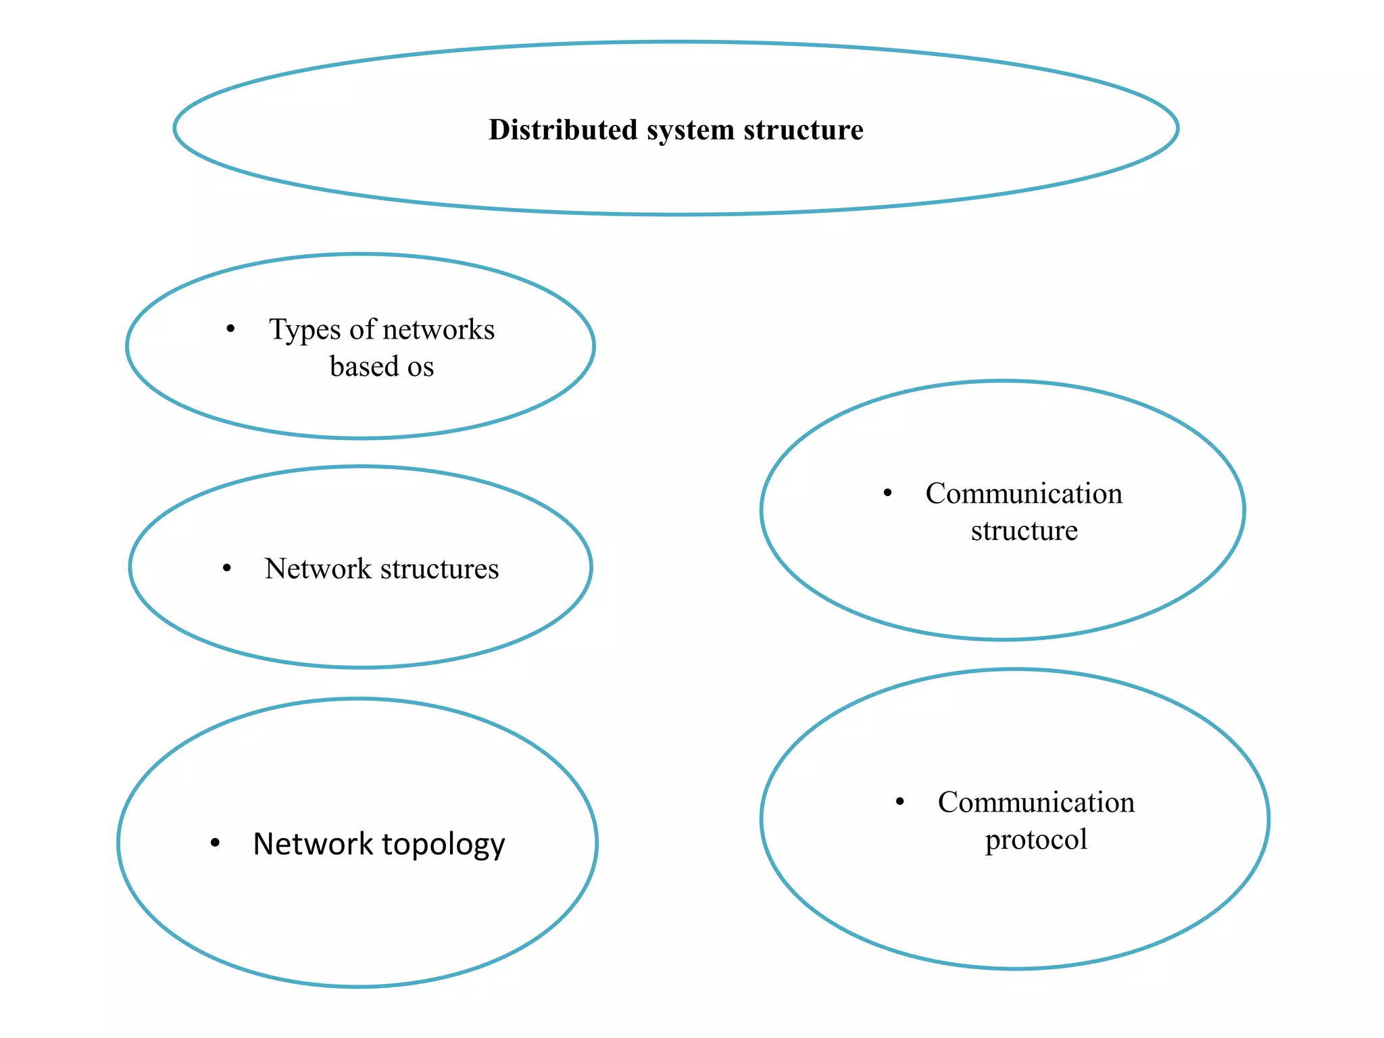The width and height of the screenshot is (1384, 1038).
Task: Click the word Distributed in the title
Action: pyautogui.click(x=562, y=130)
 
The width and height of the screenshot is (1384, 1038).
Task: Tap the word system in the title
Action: pyautogui.click(x=690, y=130)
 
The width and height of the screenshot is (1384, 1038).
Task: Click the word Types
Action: pyautogui.click(x=305, y=330)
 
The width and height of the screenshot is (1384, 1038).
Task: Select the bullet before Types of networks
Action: pyautogui.click(x=230, y=329)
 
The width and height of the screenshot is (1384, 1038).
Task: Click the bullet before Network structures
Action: pyautogui.click(x=227, y=568)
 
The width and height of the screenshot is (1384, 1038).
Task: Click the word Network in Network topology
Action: pyautogui.click(x=313, y=844)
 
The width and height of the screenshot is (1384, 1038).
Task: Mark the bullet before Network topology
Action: pyautogui.click(x=215, y=843)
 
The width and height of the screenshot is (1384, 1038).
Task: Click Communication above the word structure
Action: pyautogui.click(x=1024, y=494)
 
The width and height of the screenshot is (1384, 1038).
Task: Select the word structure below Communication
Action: pyautogui.click(x=1024, y=531)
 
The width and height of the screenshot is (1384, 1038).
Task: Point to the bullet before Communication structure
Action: pyautogui.click(x=888, y=493)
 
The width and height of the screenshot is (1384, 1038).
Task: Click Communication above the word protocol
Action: pyautogui.click(x=1036, y=803)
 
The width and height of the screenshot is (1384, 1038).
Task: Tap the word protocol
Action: pyautogui.click(x=1036, y=840)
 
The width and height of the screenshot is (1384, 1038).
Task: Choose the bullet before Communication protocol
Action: pyautogui.click(x=899, y=802)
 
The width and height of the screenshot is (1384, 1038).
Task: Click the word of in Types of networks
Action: pyautogui.click(x=362, y=330)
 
